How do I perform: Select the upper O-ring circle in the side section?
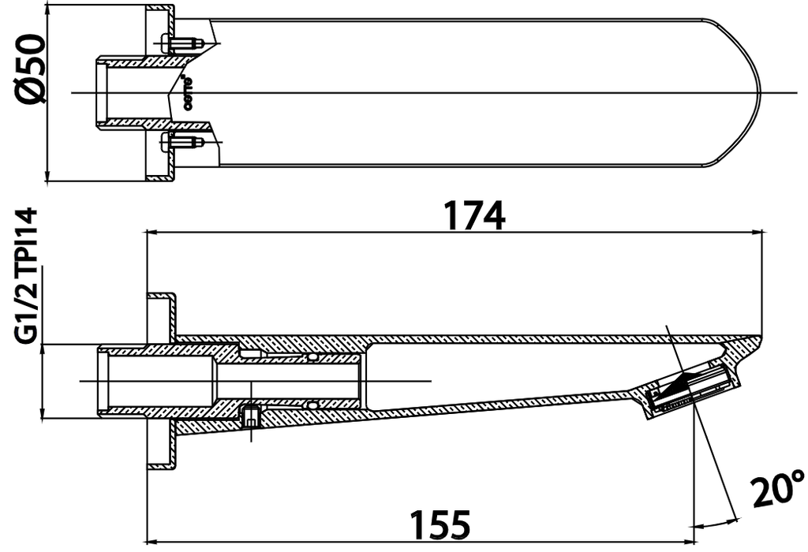click(x=314, y=358)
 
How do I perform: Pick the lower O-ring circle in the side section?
click(x=314, y=405)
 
